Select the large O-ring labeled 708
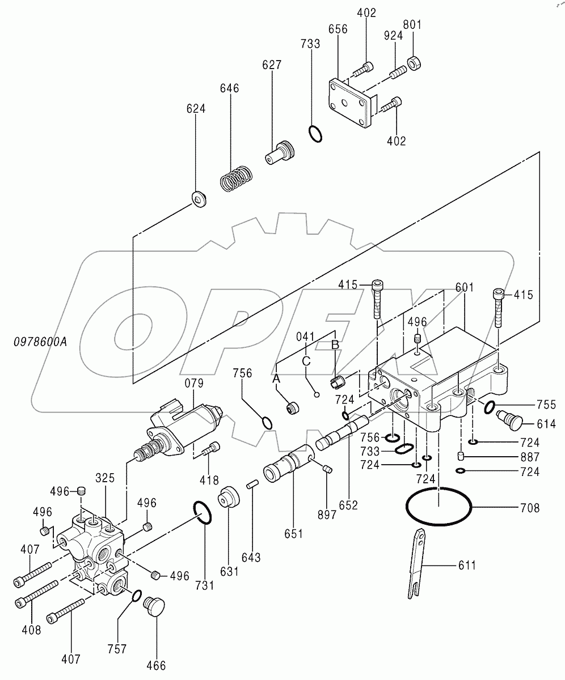[x=437, y=505]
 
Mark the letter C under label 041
[x=306, y=360]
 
